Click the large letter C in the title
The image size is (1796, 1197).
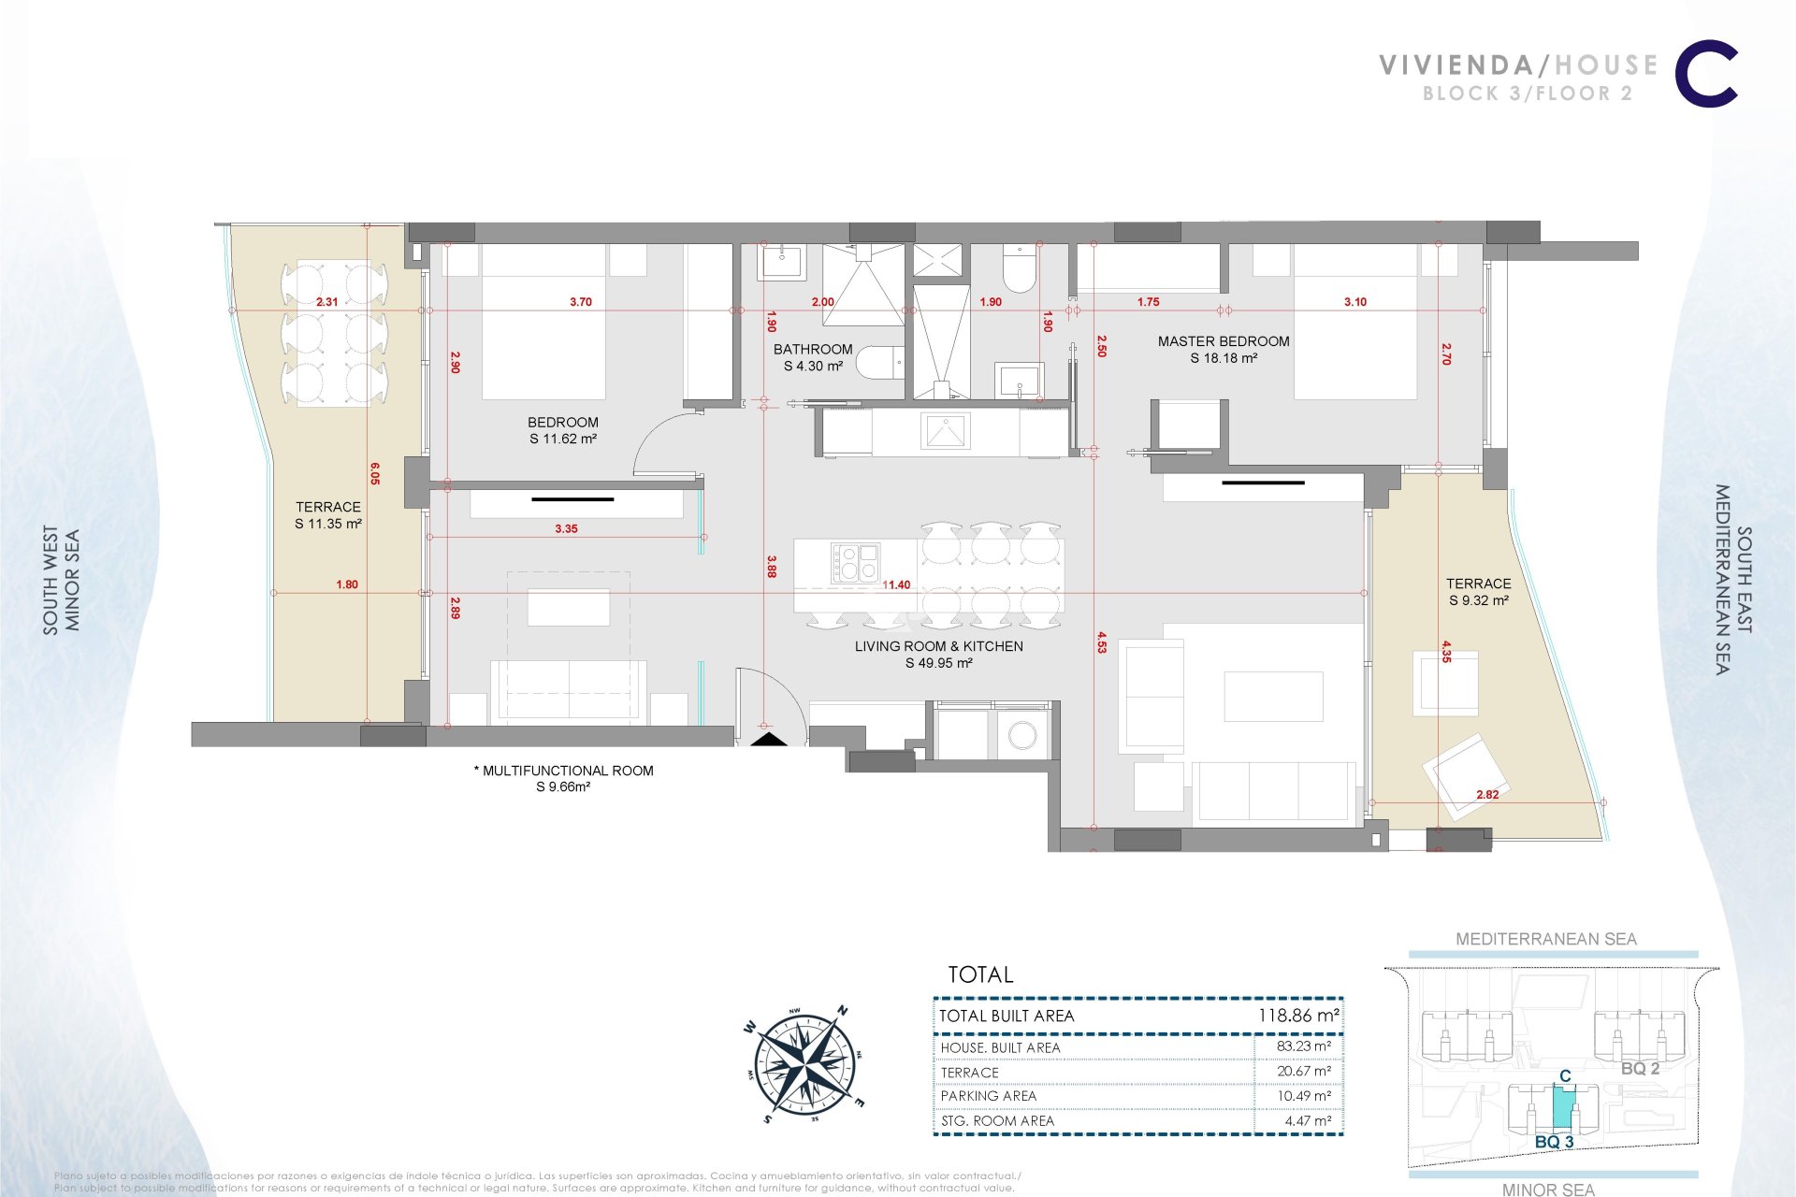[1706, 74]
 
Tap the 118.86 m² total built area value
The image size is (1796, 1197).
[1298, 1016]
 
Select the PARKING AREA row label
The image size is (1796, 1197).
[989, 1096]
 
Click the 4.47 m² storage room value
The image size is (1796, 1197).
[1308, 1120]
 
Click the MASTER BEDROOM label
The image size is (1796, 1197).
[1224, 342]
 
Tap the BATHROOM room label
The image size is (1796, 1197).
[813, 350]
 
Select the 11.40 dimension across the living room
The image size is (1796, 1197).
[896, 585]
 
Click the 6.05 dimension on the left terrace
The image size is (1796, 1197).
[375, 474]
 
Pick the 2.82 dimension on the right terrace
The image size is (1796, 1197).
[1487, 795]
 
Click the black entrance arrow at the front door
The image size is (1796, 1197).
[770, 740]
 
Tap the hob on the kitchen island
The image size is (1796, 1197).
[855, 563]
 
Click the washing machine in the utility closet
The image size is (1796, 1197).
[1022, 736]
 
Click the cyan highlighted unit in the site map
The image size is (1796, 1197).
[1563, 1108]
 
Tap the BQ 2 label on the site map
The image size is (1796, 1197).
[1640, 1069]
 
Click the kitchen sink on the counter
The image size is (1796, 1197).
[946, 432]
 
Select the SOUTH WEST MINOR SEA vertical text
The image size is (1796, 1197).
[62, 581]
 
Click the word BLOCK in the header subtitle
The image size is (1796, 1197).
[1460, 94]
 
